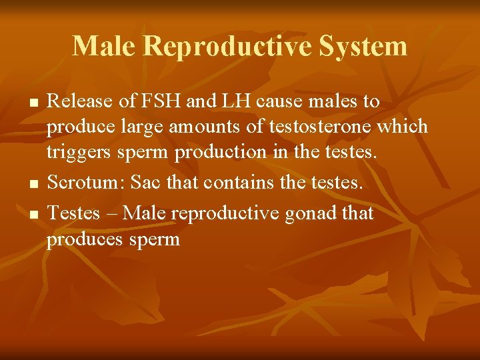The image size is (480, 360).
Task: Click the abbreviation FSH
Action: (160, 102)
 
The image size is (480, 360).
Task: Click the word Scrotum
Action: (86, 182)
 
